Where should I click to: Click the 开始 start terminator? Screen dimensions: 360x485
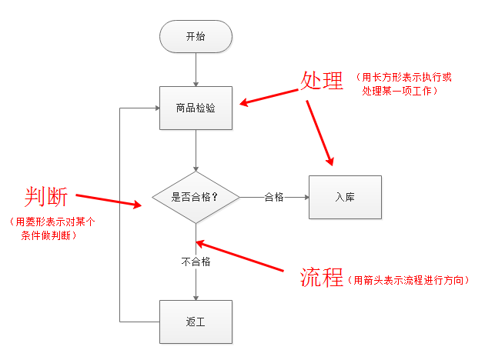click(196, 36)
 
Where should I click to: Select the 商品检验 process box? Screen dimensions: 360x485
click(196, 108)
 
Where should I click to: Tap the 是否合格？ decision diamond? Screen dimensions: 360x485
click(196, 197)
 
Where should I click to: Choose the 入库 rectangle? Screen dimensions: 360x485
click(344, 197)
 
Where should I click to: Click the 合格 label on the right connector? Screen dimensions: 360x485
click(274, 197)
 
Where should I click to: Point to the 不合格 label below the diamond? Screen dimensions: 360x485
click(196, 262)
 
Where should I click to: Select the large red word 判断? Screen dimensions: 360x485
click(45, 198)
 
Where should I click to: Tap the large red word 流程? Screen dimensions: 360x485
click(321, 278)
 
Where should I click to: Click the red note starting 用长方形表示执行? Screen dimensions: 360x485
click(398, 84)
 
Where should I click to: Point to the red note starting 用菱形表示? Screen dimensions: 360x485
click(52, 228)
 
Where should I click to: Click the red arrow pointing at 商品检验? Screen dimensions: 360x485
click(269, 95)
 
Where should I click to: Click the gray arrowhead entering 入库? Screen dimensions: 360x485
click(305, 197)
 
